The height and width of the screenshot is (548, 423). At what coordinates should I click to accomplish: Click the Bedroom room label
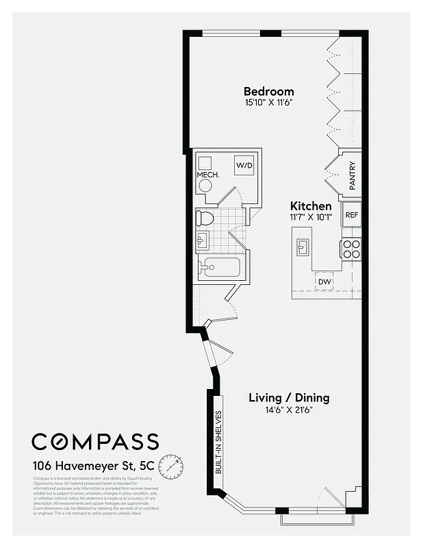(269, 91)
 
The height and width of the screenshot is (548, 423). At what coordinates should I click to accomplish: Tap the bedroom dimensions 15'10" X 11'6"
(269, 103)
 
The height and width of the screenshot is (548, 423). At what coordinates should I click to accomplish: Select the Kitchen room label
(311, 206)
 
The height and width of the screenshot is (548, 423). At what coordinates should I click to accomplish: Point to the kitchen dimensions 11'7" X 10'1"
(311, 217)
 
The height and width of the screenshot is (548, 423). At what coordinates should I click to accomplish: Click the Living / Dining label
(288, 397)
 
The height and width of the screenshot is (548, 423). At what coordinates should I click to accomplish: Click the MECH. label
(207, 175)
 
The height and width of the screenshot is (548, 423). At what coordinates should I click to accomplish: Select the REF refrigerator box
(351, 214)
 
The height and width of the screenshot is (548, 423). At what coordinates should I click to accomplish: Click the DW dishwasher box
(324, 281)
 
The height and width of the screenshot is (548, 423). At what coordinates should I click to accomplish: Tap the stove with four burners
(351, 249)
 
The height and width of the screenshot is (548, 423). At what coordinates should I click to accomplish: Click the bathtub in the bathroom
(219, 268)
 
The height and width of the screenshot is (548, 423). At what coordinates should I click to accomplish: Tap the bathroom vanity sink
(203, 240)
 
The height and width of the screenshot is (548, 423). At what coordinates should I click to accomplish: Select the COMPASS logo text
(95, 442)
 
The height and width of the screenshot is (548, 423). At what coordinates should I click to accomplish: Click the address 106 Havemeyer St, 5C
(93, 464)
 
